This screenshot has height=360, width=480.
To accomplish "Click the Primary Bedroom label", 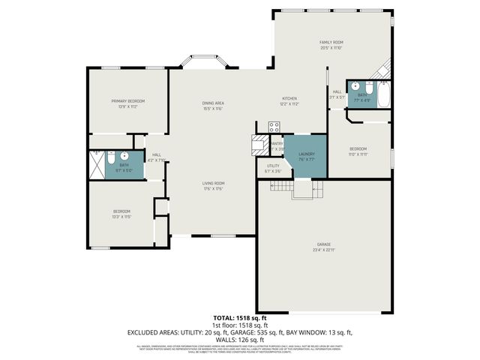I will [x=127, y=100].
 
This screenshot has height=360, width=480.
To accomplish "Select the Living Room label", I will [x=214, y=183].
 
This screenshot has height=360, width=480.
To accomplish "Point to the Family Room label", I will [x=331, y=42].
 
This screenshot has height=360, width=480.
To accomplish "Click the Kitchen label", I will [x=289, y=99].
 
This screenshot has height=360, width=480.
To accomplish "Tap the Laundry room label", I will [x=306, y=154].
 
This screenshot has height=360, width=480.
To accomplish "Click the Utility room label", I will [x=273, y=166].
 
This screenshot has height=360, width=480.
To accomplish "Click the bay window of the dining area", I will [x=202, y=61].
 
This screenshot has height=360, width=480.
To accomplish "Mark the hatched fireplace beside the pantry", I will [x=259, y=144].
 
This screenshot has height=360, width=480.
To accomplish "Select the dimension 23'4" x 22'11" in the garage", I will [x=324, y=250].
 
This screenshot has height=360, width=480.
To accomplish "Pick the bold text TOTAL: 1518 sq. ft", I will [x=239, y=318].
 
